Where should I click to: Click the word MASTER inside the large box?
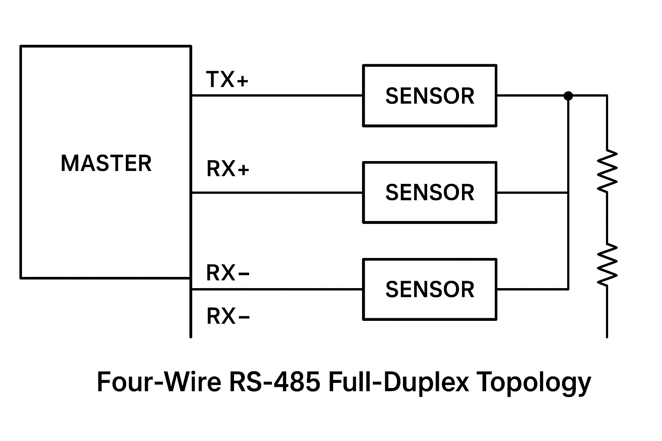coord(106,164)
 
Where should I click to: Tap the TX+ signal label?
coord(227,80)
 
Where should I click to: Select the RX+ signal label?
coord(228,169)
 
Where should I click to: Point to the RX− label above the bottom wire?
coord(228,273)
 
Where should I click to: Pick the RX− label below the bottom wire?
coord(228,317)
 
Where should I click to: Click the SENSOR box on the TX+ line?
coord(430,96)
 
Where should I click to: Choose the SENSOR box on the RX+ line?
coord(430,193)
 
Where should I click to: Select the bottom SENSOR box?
coord(430,289)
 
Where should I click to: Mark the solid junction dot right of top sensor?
coord(568,96)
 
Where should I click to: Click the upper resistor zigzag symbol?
coord(607,171)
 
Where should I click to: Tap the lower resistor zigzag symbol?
coord(607,264)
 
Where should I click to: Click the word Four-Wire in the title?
coord(159,382)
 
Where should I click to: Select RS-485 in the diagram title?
coord(275,382)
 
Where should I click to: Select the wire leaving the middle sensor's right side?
coord(532,193)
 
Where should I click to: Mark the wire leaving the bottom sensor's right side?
coord(532,289)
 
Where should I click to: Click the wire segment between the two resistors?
coord(607,217)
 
